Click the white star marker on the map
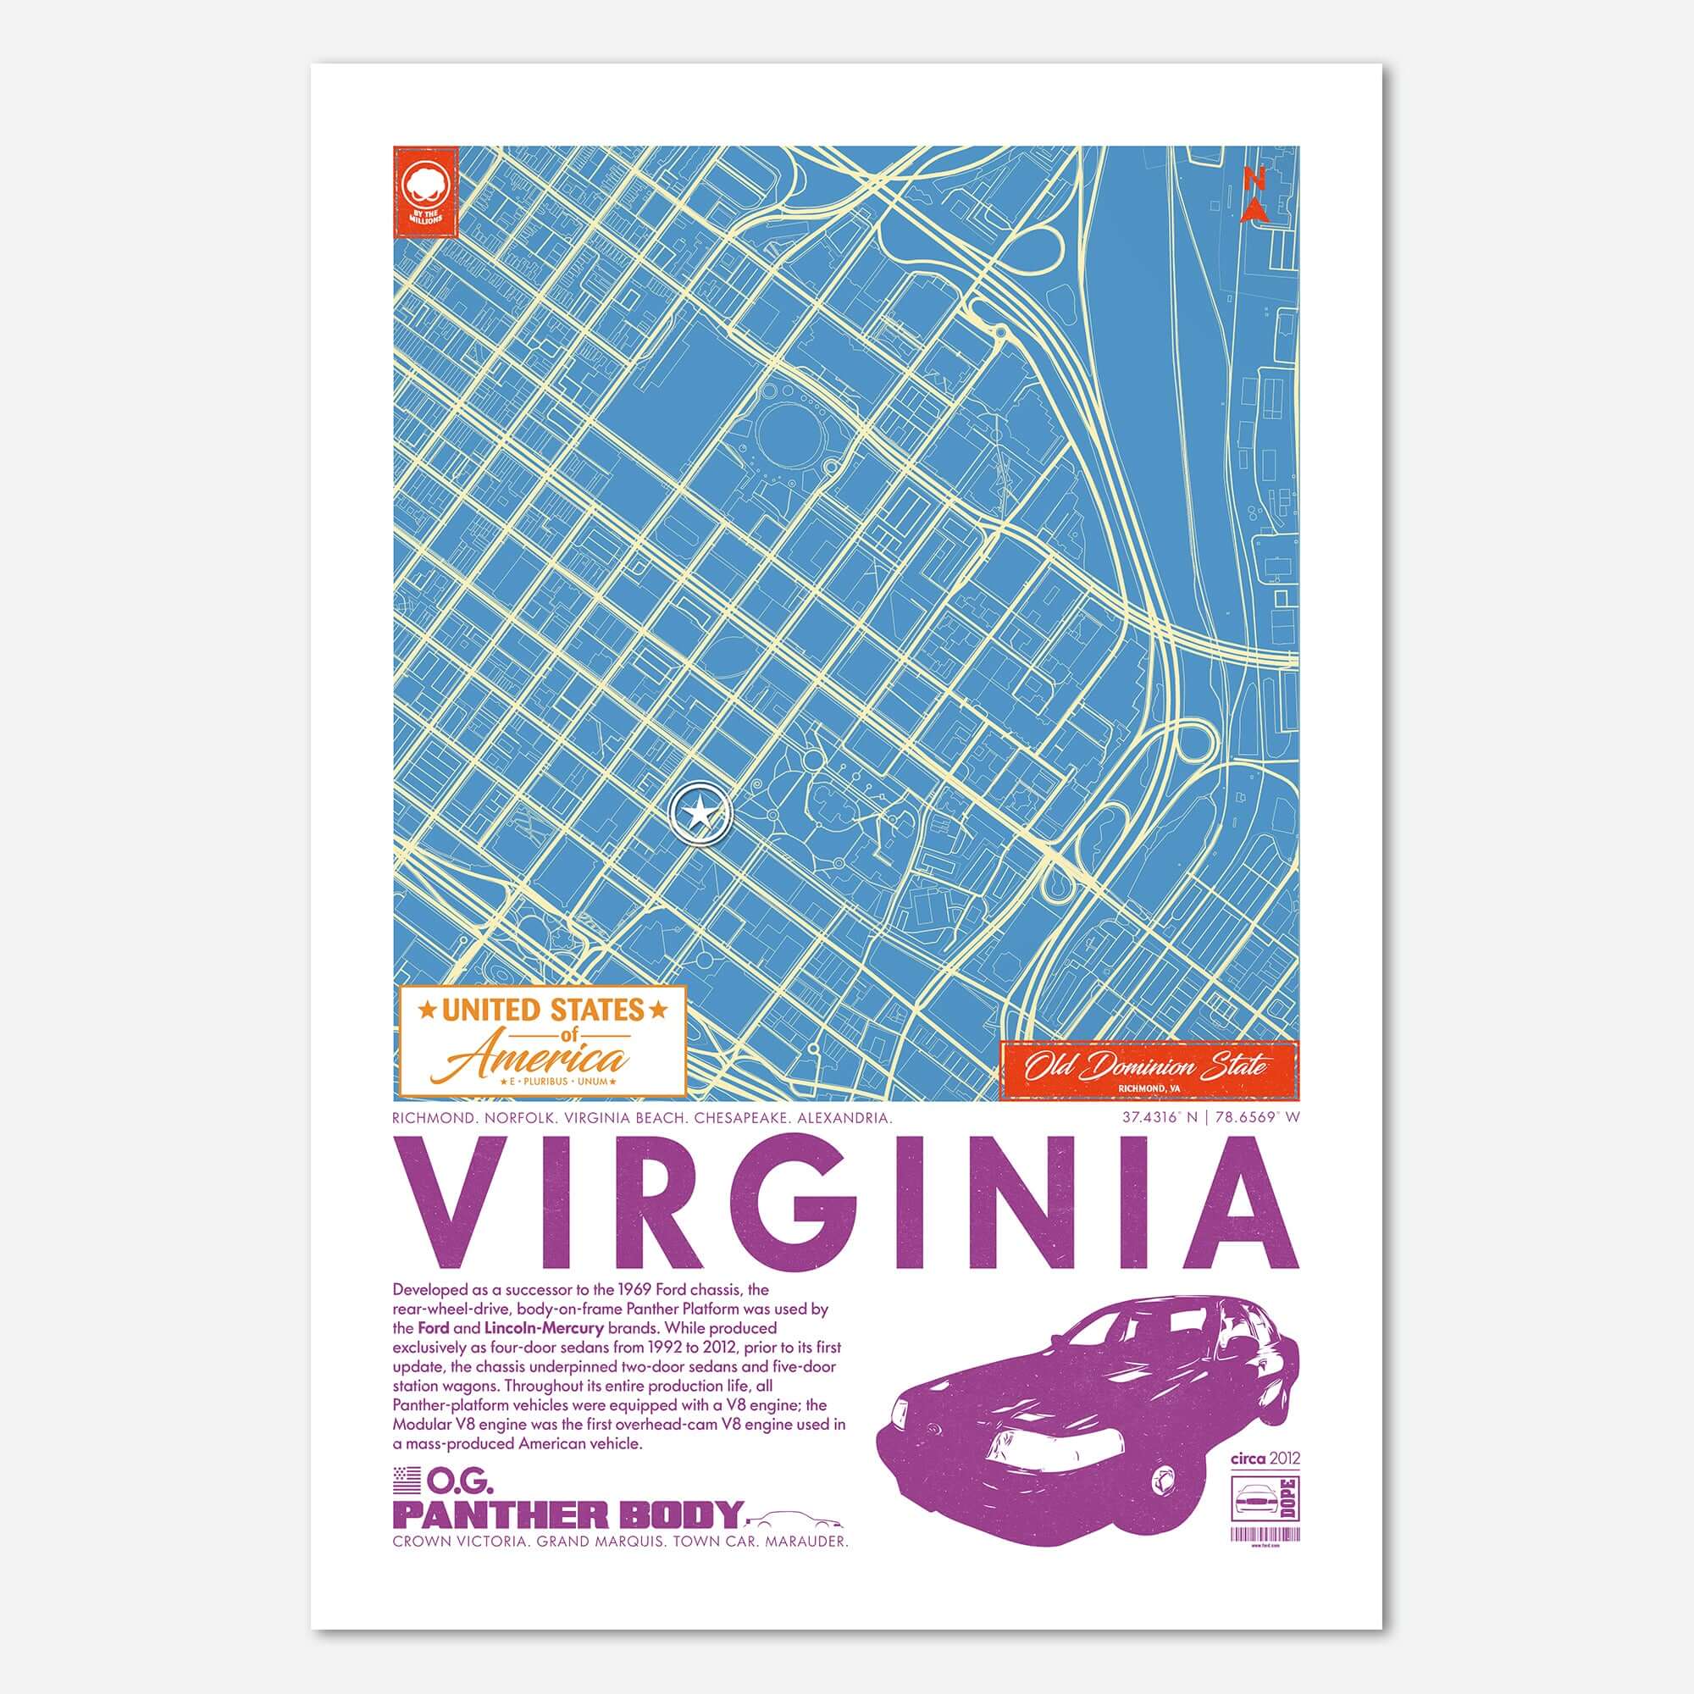pos(700,815)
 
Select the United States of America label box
pos(542,1041)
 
